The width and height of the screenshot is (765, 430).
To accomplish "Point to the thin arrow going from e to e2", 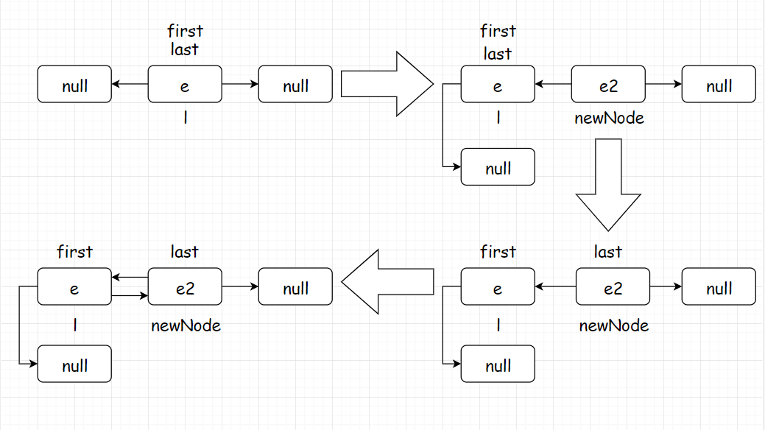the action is point(130,295).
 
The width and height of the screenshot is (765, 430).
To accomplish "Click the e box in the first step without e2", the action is point(185,84).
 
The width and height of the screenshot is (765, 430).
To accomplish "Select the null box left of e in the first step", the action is point(74,84).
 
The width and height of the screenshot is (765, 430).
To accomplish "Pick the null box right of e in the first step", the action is point(295,84).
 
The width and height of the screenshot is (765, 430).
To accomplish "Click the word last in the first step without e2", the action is point(184,49).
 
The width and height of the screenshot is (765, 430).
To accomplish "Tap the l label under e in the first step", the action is point(186,118).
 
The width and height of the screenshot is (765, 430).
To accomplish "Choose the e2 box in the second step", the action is point(608,84).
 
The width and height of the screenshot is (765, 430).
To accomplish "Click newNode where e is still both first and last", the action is point(609,118).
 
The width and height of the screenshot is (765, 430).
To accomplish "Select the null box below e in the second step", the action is point(498,167).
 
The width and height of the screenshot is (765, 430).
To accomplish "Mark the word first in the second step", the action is point(498,31).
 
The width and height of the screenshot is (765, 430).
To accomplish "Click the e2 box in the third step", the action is point(613,286).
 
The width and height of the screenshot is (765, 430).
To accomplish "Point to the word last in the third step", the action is point(608,252).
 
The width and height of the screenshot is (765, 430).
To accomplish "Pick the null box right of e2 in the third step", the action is point(719,286).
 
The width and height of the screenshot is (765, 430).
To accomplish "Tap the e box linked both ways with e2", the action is point(74,286).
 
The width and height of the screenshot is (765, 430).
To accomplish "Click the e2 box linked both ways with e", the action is point(185,286).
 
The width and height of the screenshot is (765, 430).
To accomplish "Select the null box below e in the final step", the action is point(74,364).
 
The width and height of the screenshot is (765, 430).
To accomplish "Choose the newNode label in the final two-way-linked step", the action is point(186,325).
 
